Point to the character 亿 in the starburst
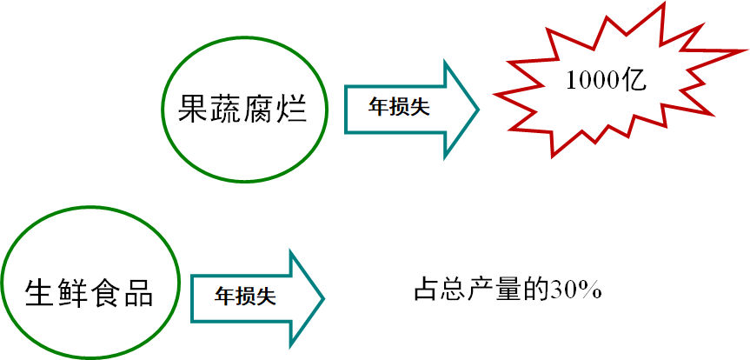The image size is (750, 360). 636,81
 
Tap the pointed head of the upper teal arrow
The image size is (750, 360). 465,110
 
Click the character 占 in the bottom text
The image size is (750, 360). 423,290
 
